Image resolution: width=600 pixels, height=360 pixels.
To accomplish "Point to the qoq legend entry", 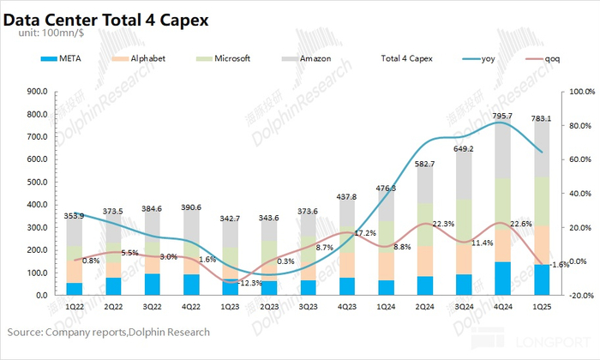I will tap(558, 59).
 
